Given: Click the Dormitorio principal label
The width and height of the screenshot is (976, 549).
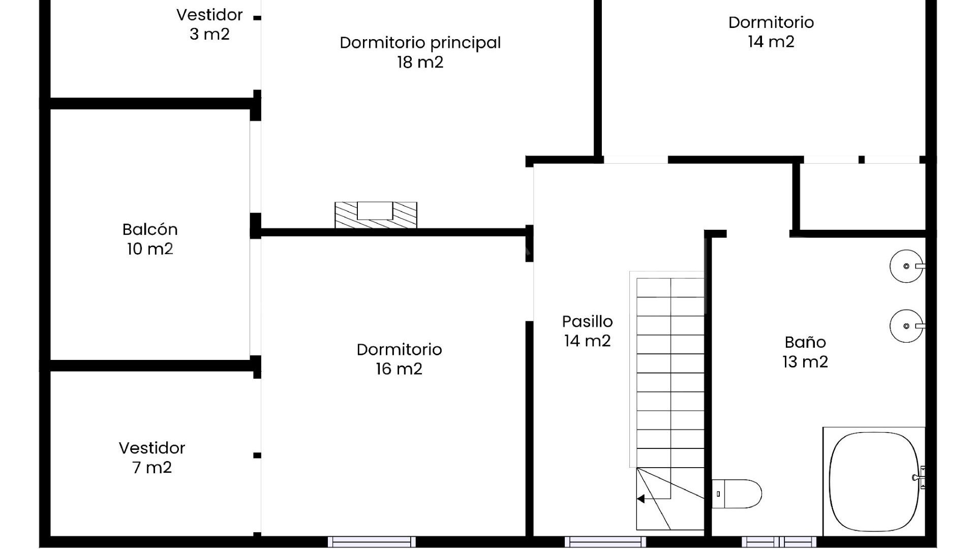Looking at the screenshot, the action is (x=420, y=52).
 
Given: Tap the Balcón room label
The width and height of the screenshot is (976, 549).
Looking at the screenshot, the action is (x=150, y=239).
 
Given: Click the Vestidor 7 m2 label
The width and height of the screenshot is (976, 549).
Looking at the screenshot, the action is (x=152, y=457).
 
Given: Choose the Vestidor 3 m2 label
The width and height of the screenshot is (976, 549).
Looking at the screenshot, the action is (x=209, y=24).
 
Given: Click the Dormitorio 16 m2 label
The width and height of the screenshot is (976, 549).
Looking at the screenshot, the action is (x=399, y=359).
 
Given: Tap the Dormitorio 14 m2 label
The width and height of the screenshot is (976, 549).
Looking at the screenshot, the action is (x=771, y=32).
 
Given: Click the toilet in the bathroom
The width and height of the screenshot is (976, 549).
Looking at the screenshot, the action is (x=737, y=494).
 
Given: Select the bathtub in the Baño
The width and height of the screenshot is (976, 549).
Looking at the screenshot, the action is (x=874, y=481).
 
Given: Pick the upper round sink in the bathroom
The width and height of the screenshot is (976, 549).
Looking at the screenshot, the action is (x=907, y=266).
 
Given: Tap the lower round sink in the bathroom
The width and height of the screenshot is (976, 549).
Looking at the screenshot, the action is (x=907, y=326).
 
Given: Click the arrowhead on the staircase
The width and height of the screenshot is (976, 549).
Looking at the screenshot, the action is (x=641, y=499).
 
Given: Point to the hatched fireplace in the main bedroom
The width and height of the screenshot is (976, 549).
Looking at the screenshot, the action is (x=376, y=215).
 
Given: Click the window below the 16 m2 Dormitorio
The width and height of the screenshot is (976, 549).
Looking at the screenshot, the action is (x=372, y=542).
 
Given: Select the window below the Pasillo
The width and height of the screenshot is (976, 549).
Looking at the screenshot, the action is (x=605, y=542).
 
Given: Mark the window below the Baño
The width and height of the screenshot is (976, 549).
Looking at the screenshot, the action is (x=779, y=542).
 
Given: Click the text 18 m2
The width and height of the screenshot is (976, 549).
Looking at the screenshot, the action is (x=420, y=62).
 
